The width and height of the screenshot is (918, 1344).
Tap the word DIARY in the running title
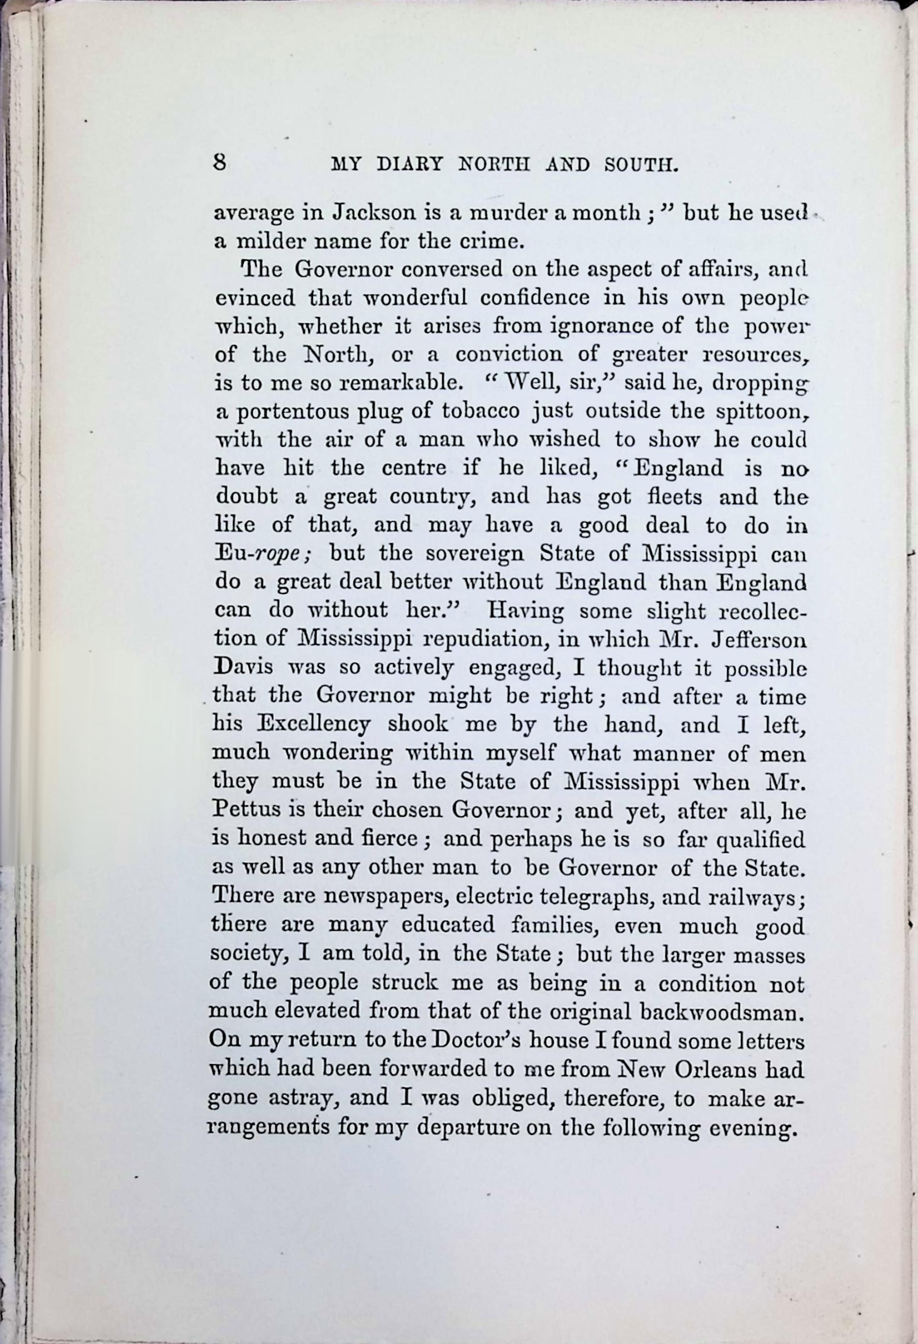[x=410, y=165]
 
